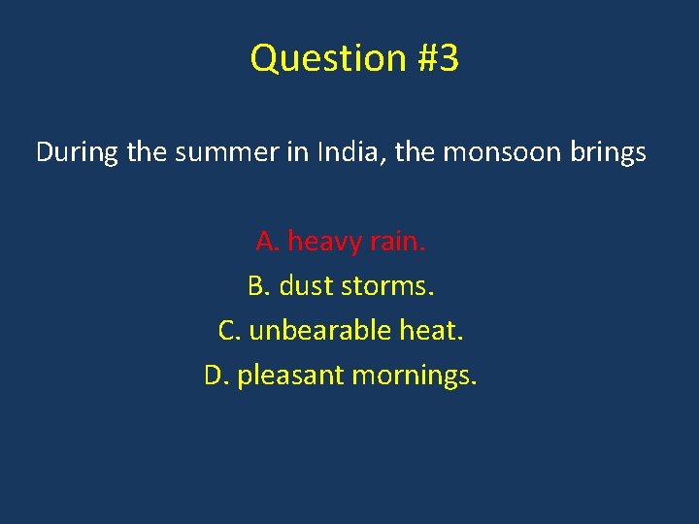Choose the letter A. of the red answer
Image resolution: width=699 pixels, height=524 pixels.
267,241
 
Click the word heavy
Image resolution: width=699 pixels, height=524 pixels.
323,241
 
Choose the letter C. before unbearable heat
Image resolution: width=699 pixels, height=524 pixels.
230,331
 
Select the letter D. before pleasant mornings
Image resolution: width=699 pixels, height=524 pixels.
216,375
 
